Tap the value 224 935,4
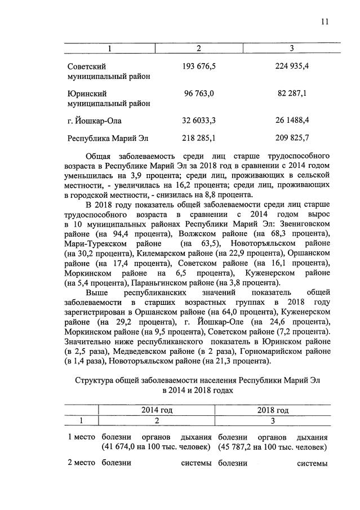pyautogui.click(x=292, y=66)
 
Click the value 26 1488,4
pyautogui.click(x=292, y=121)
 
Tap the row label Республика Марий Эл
pyautogui.click(x=109, y=138)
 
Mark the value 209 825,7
pyautogui.click(x=292, y=138)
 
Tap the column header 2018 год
pyautogui.click(x=273, y=410)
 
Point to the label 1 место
pyautogui.click(x=79, y=437)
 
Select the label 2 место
pyautogui.click(x=79, y=463)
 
